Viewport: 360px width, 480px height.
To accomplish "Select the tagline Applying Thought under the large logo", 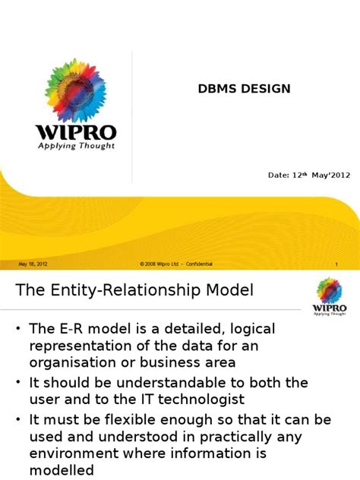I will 76,146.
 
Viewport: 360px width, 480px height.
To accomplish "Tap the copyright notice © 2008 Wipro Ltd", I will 158,264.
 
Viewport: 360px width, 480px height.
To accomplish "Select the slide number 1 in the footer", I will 335,264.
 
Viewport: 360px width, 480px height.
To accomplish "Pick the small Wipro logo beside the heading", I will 330,295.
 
